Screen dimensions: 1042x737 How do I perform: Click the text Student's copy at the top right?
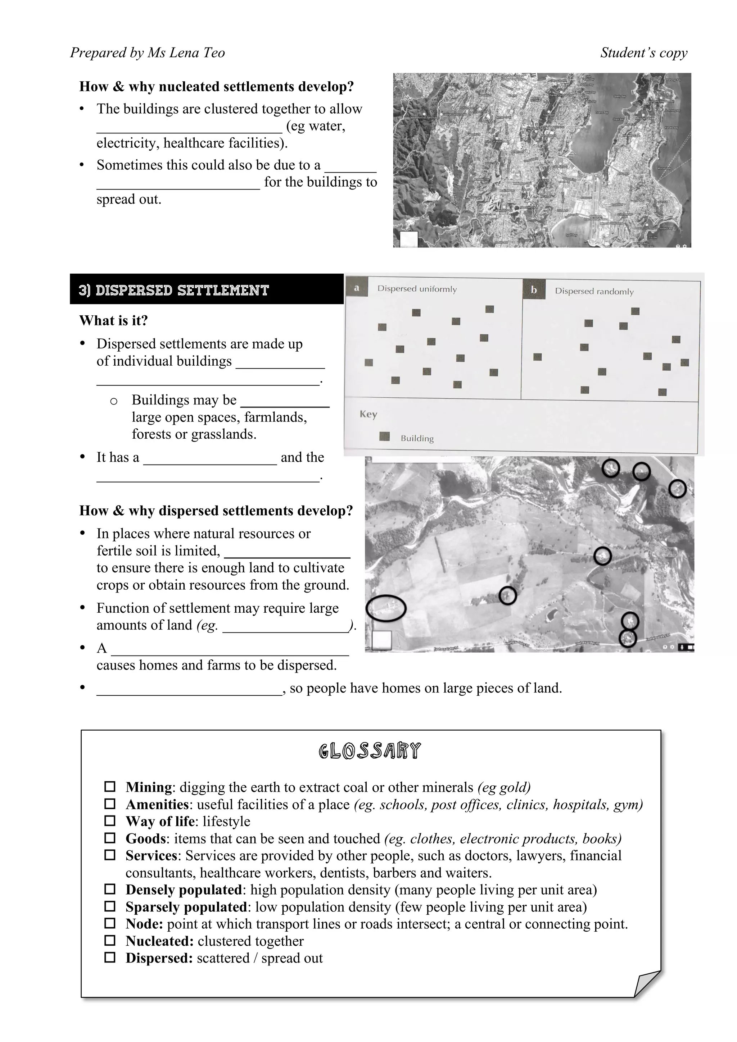643,52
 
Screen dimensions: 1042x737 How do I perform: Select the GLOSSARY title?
370,751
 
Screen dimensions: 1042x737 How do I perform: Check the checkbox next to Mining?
110,786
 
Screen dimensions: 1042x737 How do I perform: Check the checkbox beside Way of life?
110,821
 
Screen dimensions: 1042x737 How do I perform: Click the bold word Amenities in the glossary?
157,804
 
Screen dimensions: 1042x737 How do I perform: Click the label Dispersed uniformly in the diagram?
417,289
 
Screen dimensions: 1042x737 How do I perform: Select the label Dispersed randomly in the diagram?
594,291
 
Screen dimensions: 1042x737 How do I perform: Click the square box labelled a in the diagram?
357,288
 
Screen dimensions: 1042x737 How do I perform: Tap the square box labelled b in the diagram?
534,290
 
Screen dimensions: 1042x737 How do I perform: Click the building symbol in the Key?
384,437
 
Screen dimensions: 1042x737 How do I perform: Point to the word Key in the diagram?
368,414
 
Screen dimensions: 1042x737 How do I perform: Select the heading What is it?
113,320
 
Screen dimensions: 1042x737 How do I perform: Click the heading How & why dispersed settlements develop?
216,511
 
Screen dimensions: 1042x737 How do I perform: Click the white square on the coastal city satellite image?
408,239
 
